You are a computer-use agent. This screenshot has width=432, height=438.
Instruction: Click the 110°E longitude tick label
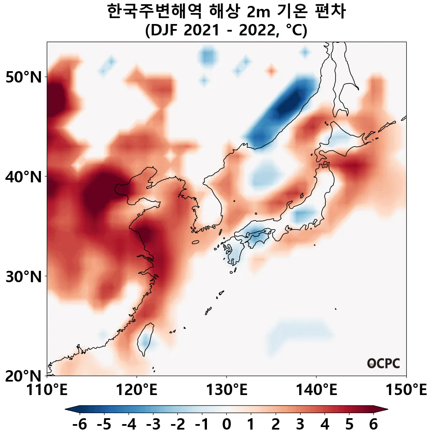(x=47, y=390)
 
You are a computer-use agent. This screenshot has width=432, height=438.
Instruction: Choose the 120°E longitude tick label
(x=137, y=390)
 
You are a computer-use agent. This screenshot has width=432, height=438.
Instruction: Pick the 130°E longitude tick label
(x=226, y=390)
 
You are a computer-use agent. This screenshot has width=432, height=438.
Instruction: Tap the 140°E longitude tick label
(x=316, y=390)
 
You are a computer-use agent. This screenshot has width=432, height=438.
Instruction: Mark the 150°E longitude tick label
(x=406, y=390)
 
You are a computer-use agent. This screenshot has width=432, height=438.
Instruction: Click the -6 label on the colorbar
(x=79, y=425)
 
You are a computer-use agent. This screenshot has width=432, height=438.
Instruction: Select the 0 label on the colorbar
(x=226, y=425)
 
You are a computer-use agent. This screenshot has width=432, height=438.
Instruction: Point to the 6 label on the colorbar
(x=373, y=425)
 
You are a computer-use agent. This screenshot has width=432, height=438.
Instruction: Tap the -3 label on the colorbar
(x=153, y=425)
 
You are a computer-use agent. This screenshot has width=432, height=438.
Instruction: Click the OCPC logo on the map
(x=384, y=363)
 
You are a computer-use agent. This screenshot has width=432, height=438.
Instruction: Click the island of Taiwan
(x=145, y=339)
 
